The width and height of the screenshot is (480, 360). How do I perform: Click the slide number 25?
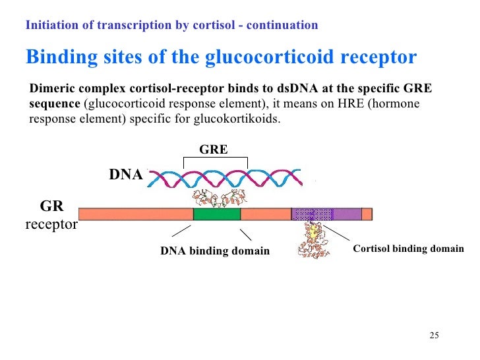[434, 336]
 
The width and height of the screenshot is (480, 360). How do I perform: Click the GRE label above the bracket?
[214, 150]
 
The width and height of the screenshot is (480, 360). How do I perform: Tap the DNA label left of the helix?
[125, 175]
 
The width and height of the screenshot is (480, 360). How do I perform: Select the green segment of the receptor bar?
[217, 214]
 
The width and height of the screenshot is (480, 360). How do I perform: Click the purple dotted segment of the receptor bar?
[313, 214]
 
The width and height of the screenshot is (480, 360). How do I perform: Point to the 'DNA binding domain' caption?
[215, 251]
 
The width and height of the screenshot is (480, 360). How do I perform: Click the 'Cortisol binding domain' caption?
[408, 249]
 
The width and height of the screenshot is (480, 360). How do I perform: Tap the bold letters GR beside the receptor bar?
[51, 206]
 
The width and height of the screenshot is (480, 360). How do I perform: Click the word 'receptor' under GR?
[51, 225]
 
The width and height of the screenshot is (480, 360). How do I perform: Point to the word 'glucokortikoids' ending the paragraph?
[242, 119]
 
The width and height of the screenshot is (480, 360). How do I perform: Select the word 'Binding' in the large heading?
[59, 57]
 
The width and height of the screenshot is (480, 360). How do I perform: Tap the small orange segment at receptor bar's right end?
[367, 214]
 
